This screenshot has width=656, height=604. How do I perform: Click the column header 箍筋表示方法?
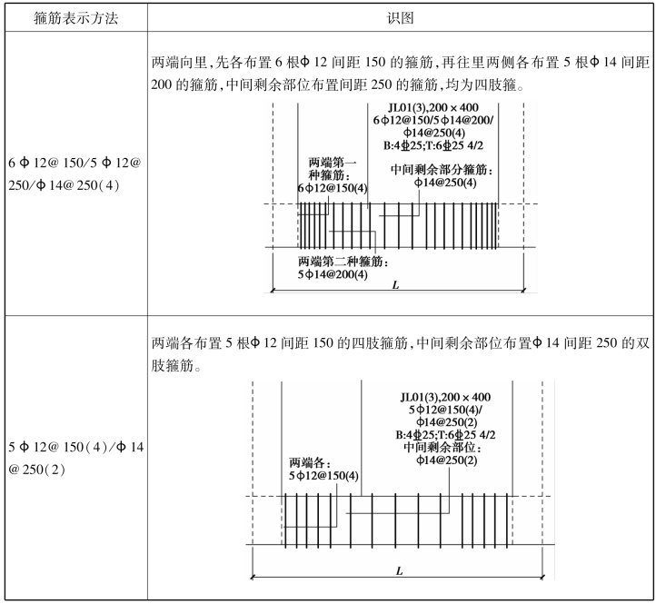pyautogui.click(x=75, y=18)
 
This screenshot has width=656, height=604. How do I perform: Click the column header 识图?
pyautogui.click(x=400, y=18)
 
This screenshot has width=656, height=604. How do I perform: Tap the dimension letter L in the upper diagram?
pyautogui.click(x=395, y=285)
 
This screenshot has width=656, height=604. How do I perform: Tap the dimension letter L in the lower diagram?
pyautogui.click(x=399, y=571)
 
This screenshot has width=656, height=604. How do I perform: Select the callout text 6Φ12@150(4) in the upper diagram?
pyautogui.click(x=333, y=188)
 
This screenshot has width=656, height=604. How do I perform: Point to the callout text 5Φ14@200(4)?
pyautogui.click(x=333, y=275)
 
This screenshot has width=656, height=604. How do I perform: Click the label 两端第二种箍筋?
pyautogui.click(x=343, y=262)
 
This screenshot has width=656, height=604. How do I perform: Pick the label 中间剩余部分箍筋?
pyautogui.click(x=442, y=170)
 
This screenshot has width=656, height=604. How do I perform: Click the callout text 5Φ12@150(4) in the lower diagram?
pyautogui.click(x=323, y=476)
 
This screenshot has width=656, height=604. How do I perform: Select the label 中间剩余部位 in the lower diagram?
pyautogui.click(x=442, y=447)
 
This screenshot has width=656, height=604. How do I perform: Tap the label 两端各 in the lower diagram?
pyautogui.click(x=310, y=463)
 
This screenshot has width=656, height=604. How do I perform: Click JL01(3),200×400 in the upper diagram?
pyautogui.click(x=433, y=108)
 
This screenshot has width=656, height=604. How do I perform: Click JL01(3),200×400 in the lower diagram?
pyautogui.click(x=445, y=398)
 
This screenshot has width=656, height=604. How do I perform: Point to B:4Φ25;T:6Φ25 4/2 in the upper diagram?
pyautogui.click(x=433, y=145)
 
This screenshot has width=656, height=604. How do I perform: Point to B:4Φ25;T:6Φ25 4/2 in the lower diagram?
pyautogui.click(x=445, y=435)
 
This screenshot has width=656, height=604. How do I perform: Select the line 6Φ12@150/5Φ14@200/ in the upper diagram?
pyautogui.click(x=433, y=121)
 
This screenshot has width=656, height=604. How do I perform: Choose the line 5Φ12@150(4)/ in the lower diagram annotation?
pyautogui.click(x=445, y=410)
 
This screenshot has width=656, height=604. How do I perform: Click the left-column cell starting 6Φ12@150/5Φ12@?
pyautogui.click(x=75, y=173)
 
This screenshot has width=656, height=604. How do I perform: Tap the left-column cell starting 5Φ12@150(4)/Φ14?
pyautogui.click(x=75, y=459)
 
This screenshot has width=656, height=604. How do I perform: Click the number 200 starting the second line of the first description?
pyautogui.click(x=161, y=84)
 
